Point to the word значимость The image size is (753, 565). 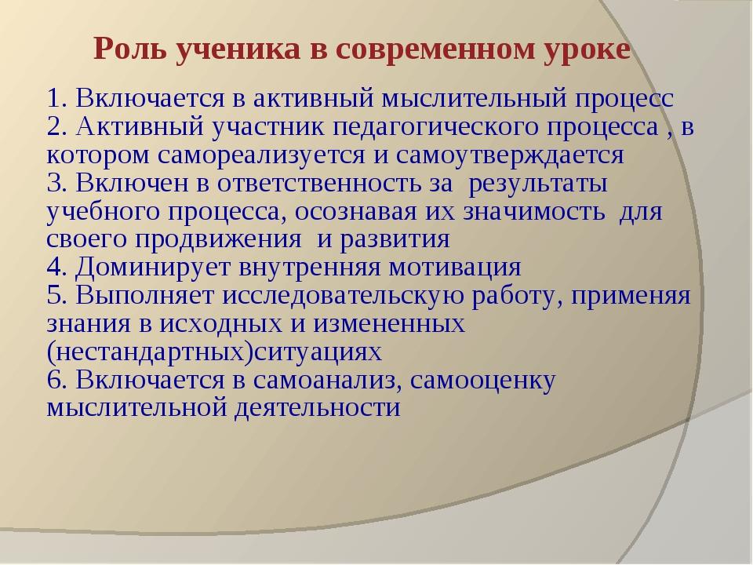coord(533,211)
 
